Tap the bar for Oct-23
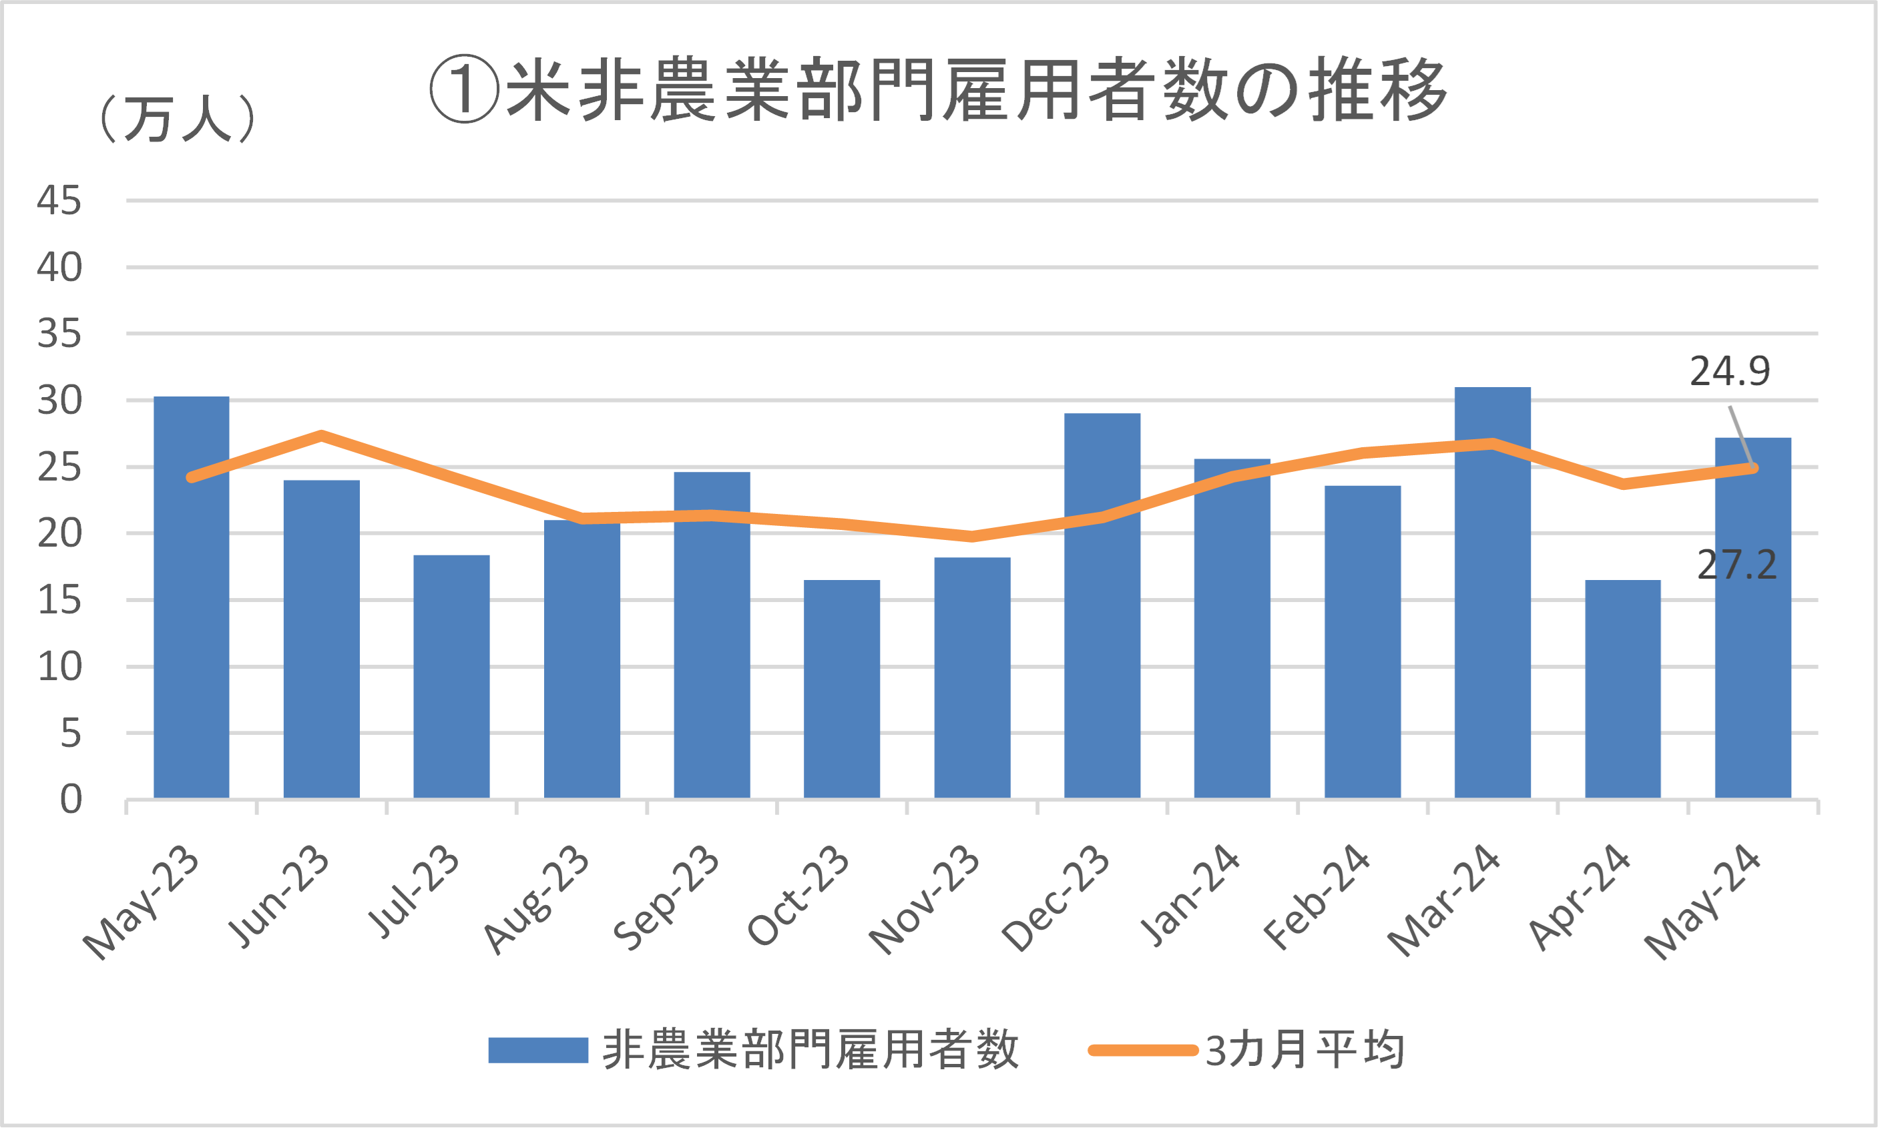(842, 689)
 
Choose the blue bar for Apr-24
(1622, 689)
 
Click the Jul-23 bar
(451, 677)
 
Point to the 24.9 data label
(1730, 372)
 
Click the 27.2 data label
(1737, 565)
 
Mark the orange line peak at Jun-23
(322, 436)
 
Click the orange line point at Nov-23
(971, 537)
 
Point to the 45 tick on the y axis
(59, 202)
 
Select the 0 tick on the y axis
(71, 800)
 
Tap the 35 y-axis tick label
(59, 334)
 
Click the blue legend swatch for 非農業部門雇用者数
(537, 1050)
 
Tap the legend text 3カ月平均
(1304, 1050)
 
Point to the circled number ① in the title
(464, 89)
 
